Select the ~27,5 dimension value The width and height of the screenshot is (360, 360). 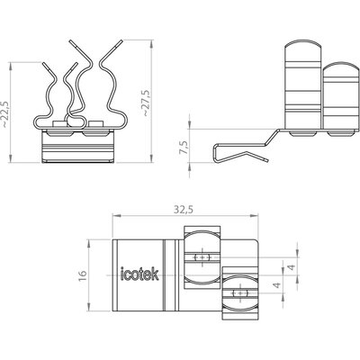click(x=146, y=103)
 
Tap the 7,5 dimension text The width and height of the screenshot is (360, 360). click(x=184, y=148)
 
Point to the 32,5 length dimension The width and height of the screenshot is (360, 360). click(x=184, y=210)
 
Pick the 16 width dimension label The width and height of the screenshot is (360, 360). click(x=82, y=275)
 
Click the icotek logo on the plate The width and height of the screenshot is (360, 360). click(x=139, y=274)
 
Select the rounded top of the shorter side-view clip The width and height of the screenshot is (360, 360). click(x=341, y=67)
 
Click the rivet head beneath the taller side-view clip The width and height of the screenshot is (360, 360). click(x=302, y=133)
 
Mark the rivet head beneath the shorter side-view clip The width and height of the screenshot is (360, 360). click(x=341, y=133)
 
